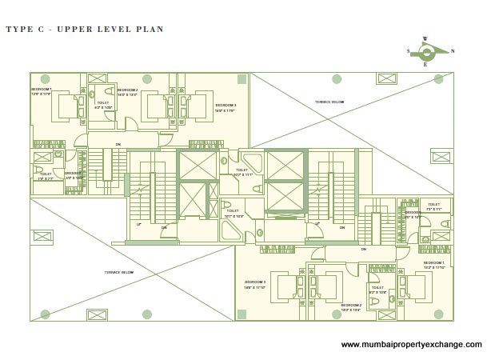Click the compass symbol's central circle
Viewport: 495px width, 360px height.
click(x=426, y=53)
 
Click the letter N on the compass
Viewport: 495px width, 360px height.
click(x=453, y=50)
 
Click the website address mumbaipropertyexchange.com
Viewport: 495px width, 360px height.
click(x=411, y=345)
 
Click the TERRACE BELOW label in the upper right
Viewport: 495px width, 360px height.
click(x=329, y=102)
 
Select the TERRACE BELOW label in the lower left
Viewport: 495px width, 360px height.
click(x=118, y=272)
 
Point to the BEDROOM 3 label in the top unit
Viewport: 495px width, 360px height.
click(x=225, y=106)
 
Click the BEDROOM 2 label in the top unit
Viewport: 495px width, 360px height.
click(x=127, y=90)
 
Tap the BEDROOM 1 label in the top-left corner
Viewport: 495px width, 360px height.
click(x=41, y=89)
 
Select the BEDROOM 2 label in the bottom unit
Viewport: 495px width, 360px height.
click(x=351, y=305)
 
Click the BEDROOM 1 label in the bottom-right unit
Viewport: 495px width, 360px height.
click(x=433, y=262)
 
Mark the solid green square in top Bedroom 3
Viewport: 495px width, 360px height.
click(x=242, y=78)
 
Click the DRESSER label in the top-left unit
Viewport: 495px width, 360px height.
click(x=73, y=174)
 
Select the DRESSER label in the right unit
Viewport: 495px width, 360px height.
click(x=413, y=213)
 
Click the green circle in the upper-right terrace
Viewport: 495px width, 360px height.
click(x=337, y=79)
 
